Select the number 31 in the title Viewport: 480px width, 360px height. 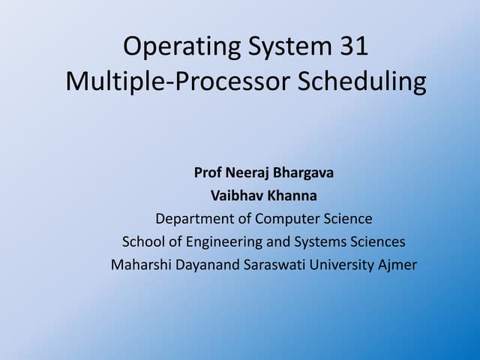[x=349, y=47]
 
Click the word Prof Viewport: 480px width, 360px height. [x=208, y=173]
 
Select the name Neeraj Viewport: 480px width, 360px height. [x=247, y=173]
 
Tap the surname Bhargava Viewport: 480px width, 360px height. [x=304, y=173]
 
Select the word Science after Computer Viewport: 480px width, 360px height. [x=348, y=219]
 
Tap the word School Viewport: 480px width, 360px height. [x=142, y=241]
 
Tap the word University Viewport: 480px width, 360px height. [x=343, y=265]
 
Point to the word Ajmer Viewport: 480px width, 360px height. [x=397, y=265]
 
